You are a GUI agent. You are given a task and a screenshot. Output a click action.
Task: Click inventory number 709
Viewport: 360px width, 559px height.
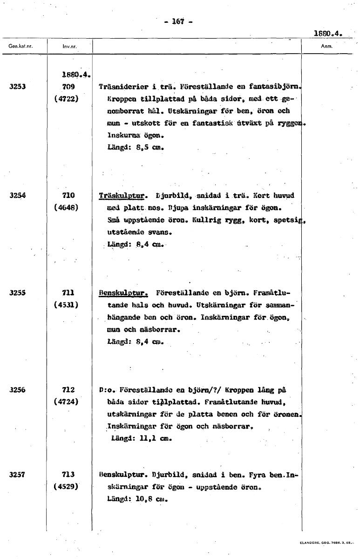(68, 86)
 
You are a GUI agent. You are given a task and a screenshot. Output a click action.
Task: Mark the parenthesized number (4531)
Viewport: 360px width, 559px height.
(68, 305)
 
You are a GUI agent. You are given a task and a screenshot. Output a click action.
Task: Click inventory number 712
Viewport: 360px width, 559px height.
(68, 389)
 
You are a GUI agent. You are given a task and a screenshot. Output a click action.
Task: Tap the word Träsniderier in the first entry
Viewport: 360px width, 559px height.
(123, 87)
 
